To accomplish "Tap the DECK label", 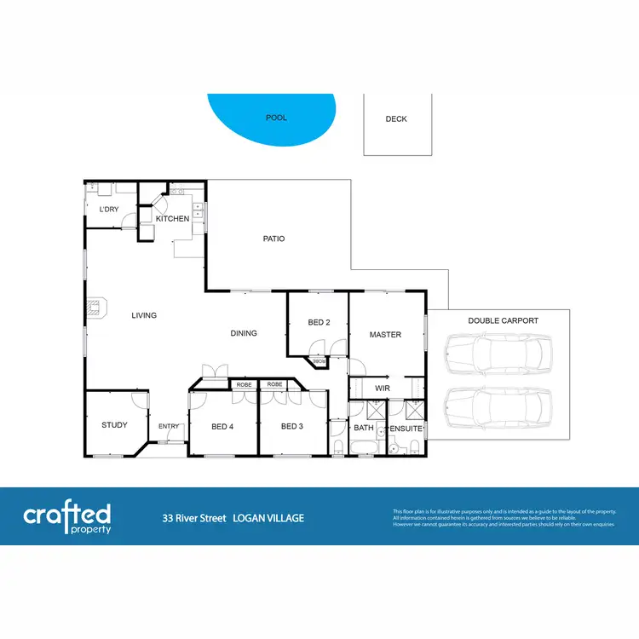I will coord(396,119).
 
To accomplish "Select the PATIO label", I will coord(273,239).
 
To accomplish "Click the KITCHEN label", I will coord(172,219).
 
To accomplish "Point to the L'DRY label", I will coord(108,210).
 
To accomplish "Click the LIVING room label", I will coord(144,315).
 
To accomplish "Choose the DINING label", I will coord(244,333).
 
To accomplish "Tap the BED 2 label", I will coord(319,321).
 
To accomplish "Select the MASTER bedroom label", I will coord(385,335).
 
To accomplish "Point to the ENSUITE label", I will coord(406,429).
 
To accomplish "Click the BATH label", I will coord(364,429).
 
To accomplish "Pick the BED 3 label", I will coord(292,426).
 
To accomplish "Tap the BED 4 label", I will coord(222,426).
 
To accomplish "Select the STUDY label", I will coord(114,425).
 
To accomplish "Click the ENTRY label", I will coord(169,426).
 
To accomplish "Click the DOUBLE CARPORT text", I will coord(503,320).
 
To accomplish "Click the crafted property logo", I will coord(67,516).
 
